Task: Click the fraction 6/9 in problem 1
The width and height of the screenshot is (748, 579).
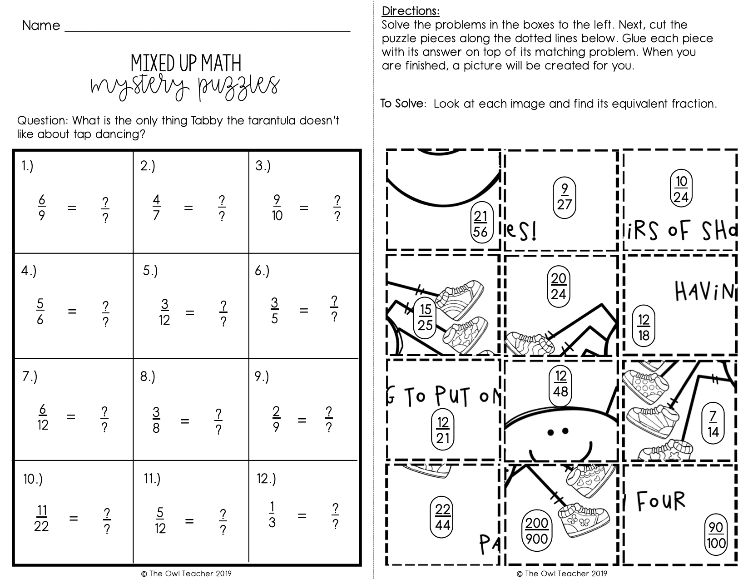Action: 41,208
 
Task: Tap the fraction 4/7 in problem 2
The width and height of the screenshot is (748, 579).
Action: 156,208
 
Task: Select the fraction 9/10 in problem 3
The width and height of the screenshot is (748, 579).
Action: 277,208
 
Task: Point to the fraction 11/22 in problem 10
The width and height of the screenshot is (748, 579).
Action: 41,518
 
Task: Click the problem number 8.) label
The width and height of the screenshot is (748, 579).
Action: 148,377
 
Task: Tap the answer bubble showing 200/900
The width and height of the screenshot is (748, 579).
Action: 536,531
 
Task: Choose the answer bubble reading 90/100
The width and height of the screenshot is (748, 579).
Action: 716,535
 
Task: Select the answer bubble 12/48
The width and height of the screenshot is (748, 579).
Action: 560,383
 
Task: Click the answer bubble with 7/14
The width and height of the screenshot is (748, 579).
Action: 713,424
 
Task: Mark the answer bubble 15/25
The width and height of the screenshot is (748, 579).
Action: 425,317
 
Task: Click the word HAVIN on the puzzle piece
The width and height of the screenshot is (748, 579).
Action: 704,291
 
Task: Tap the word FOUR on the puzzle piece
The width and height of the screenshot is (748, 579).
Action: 661,501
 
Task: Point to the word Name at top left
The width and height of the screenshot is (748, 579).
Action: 41,25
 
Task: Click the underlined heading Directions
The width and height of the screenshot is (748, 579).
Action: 411,11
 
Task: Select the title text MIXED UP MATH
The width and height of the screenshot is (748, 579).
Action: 186,64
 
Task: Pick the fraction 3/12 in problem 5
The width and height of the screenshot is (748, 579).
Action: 164,312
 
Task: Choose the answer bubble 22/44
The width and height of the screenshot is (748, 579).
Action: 442,517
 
